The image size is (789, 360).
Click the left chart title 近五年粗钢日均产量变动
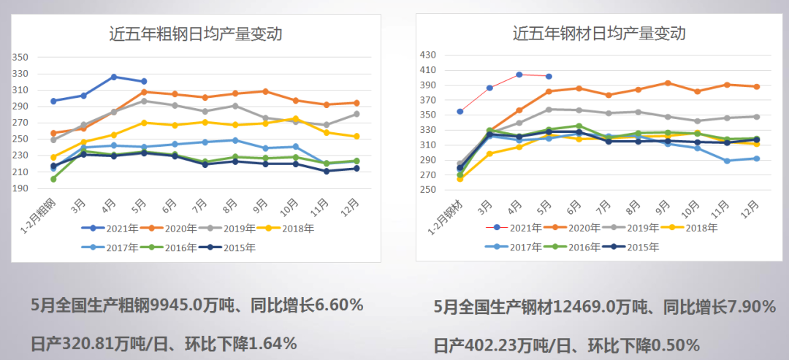[x=195, y=34]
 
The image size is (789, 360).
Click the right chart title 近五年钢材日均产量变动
[x=599, y=34]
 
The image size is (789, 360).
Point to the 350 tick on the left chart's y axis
[x=20, y=57]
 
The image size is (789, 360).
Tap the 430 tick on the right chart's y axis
[x=426, y=55]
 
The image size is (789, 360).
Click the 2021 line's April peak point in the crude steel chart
[x=113, y=77]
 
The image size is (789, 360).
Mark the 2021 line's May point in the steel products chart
[x=549, y=76]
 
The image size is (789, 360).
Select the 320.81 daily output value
[x=88, y=342]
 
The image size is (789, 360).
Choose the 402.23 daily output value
[x=490, y=345]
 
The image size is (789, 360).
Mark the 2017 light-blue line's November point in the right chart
[x=727, y=161]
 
